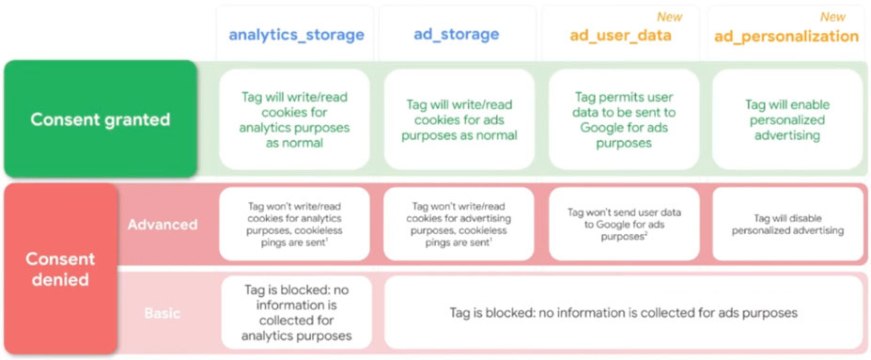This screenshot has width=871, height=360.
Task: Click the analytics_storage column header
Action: click(x=297, y=35)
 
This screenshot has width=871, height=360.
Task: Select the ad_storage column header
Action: click(x=456, y=34)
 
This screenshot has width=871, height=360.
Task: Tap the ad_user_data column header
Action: click(x=620, y=35)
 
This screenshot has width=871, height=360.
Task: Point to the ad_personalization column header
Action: click(x=786, y=36)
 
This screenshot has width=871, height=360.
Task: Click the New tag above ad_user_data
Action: click(x=669, y=17)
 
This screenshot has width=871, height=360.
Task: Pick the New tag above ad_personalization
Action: click(x=832, y=17)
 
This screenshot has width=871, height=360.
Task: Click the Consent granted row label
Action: click(x=101, y=119)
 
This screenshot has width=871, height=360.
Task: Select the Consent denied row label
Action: click(x=61, y=268)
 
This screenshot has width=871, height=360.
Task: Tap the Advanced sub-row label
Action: click(x=163, y=225)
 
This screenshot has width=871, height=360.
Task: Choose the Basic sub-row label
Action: click(x=163, y=313)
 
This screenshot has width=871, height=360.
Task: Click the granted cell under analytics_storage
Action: click(x=294, y=119)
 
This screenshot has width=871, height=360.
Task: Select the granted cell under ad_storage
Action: click(x=459, y=119)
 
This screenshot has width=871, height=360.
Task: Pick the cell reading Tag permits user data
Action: click(x=624, y=119)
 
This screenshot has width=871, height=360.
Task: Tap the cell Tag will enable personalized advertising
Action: click(x=787, y=119)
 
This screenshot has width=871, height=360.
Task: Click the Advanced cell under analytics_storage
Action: click(x=294, y=224)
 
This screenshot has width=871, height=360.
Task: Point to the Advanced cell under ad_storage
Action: click(x=459, y=224)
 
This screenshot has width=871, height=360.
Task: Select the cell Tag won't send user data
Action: click(x=624, y=224)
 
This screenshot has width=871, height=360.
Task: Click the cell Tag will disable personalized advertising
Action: click(x=787, y=224)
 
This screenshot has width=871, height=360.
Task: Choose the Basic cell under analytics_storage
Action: click(x=297, y=312)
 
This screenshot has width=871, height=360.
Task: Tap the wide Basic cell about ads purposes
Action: click(x=624, y=312)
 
